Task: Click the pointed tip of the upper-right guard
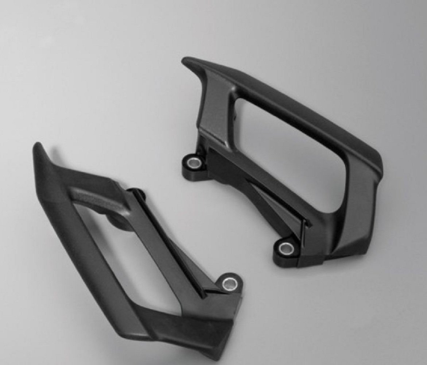click(x=185, y=61)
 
